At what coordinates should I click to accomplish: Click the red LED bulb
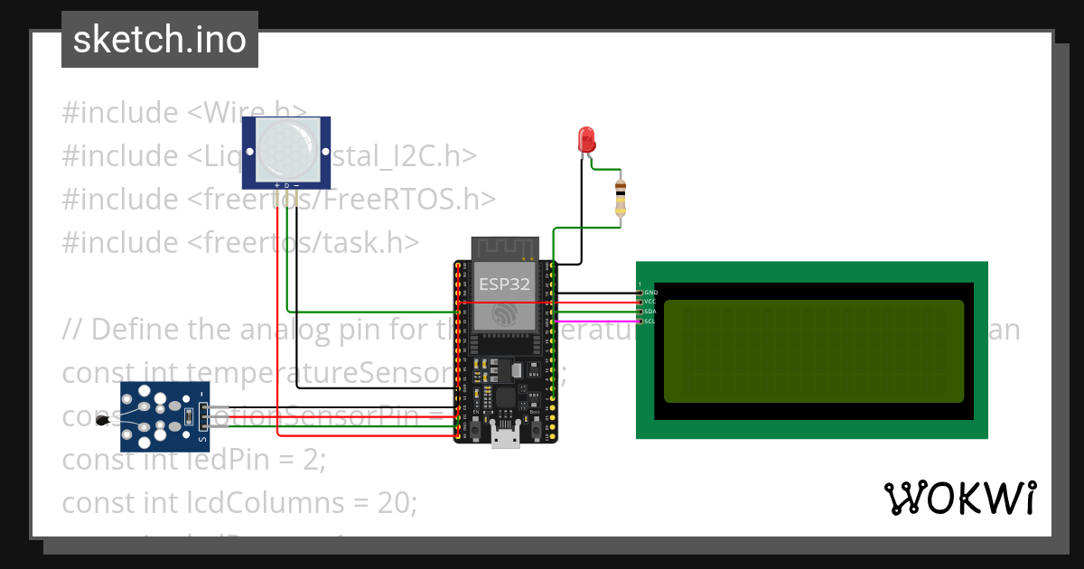[586, 140]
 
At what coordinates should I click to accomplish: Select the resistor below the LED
[620, 198]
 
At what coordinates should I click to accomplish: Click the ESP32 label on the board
[505, 284]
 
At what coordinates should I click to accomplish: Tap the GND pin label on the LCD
[650, 293]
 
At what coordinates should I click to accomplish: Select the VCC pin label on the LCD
[650, 302]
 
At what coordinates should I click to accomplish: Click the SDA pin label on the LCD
[650, 312]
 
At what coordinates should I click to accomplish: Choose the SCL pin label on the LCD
[650, 321]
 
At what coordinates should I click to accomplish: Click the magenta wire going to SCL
[596, 321]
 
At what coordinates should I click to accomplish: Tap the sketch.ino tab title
[160, 40]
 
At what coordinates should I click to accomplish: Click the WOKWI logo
[959, 498]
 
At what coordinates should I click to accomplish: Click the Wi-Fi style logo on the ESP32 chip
[505, 314]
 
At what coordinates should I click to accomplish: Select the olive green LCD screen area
[814, 350]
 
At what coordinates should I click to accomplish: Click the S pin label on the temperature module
[202, 440]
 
